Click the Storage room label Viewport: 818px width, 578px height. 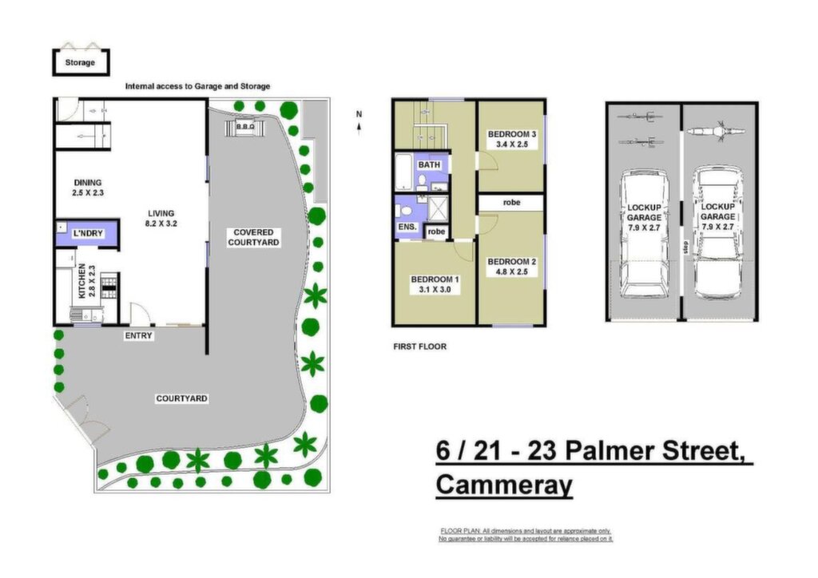tap(80, 62)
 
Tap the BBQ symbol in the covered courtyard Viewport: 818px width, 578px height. tap(245, 127)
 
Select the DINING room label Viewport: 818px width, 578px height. tap(88, 182)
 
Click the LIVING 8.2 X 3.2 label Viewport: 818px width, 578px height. tap(161, 219)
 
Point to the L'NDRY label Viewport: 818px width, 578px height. tap(88, 233)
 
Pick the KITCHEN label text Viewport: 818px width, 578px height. tap(82, 281)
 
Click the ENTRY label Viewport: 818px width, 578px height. tap(138, 335)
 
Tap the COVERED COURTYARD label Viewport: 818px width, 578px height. tap(253, 237)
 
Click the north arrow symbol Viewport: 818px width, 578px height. tap(359, 123)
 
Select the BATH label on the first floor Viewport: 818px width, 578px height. tap(429, 164)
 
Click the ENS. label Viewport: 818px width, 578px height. tap(407, 227)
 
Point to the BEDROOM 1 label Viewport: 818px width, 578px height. tap(435, 279)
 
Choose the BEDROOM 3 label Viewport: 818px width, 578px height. tap(512, 134)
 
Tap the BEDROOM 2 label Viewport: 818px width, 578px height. tap(512, 262)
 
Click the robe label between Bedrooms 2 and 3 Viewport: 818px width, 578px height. tap(512, 202)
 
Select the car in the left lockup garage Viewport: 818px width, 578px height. tap(645, 233)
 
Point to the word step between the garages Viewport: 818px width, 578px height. tap(685, 247)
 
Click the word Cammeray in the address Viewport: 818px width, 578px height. tap(504, 484)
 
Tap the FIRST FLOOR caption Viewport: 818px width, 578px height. tap(420, 346)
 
